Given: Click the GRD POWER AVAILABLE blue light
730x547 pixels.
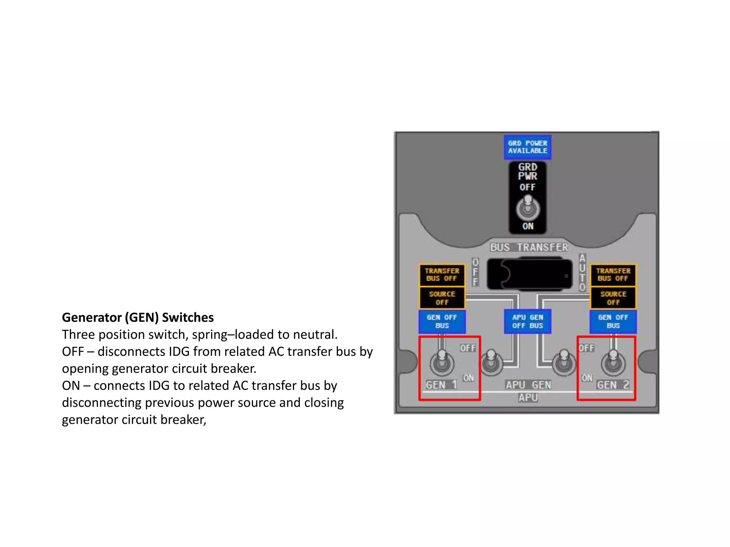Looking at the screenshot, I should [x=528, y=147].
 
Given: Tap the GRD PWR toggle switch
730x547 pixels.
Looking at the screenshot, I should [x=528, y=208].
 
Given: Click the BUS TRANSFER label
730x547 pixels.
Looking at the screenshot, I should [x=529, y=247].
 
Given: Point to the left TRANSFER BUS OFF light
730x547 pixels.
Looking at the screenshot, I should [x=442, y=275].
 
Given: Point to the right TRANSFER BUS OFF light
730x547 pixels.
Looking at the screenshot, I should [x=613, y=275].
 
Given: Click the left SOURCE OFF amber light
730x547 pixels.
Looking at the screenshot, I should [x=442, y=298].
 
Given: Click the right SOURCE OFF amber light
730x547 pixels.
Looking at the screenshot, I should [x=613, y=298].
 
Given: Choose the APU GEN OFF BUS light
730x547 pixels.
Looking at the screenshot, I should [x=528, y=321].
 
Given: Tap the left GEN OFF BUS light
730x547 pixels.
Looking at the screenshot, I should [x=442, y=321].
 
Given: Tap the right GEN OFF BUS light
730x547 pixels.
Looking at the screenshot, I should [x=613, y=321].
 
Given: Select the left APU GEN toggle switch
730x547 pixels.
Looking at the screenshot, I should [x=492, y=363].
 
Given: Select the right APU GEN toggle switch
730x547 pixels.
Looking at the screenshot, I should [x=564, y=363].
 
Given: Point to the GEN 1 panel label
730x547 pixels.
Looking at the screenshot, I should [x=441, y=385].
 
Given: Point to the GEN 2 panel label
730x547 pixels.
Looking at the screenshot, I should [x=613, y=385].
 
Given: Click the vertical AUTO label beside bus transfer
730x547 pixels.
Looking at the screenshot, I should [x=582, y=272].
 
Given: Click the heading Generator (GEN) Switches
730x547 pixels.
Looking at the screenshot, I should [x=138, y=317].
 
